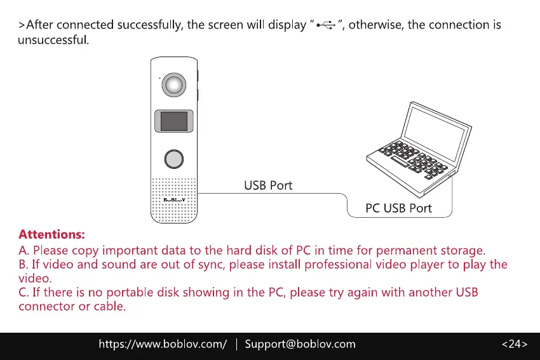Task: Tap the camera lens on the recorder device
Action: tap(173, 84)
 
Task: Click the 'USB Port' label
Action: tap(268, 185)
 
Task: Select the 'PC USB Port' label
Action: tap(398, 208)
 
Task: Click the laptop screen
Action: tap(439, 131)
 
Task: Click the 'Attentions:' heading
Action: tap(51, 234)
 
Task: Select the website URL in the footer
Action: tap(162, 344)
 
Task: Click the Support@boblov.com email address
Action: tap(300, 344)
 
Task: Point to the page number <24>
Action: tap(514, 344)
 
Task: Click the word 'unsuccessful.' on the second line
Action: tap(53, 40)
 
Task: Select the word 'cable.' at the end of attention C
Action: tap(110, 307)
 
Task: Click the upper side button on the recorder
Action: tap(198, 76)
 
